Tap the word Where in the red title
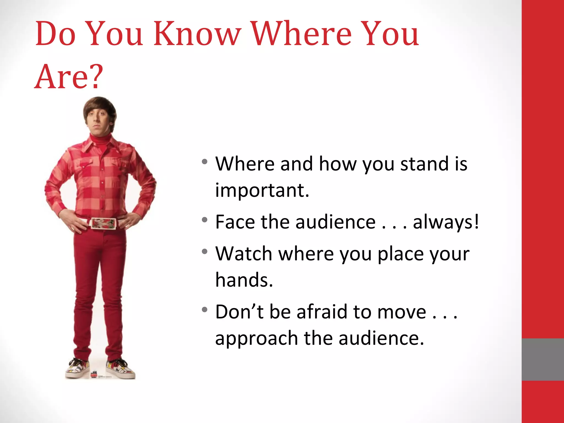302,34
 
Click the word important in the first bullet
262,191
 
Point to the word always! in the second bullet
446,222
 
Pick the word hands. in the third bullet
244,280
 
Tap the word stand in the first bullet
424,164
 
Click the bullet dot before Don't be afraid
204,310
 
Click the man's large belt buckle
103,223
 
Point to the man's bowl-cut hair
100,106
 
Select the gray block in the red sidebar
543,359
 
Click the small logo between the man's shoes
94,375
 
